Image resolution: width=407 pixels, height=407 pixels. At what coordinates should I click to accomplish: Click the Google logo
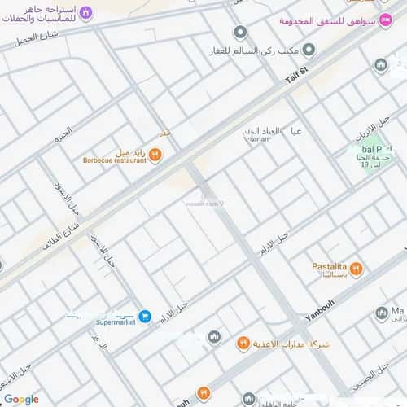pyautogui.click(x=21, y=399)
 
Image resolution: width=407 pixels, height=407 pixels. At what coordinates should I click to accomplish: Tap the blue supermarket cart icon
pyautogui.click(x=144, y=316)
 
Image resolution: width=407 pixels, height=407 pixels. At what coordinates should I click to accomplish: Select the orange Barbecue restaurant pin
pyautogui.click(x=155, y=155)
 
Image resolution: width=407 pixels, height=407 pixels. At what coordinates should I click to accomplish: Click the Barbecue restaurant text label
pyautogui.click(x=115, y=160)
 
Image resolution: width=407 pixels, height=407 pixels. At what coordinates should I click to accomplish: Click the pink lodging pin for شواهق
pyautogui.click(x=385, y=20)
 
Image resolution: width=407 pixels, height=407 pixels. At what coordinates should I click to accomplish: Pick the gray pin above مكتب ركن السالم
pyautogui.click(x=239, y=33)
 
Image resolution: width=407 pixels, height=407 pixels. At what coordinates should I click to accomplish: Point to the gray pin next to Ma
pyautogui.click(x=381, y=313)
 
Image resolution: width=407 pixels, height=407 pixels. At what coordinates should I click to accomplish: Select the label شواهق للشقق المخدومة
pyautogui.click(x=336, y=20)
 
